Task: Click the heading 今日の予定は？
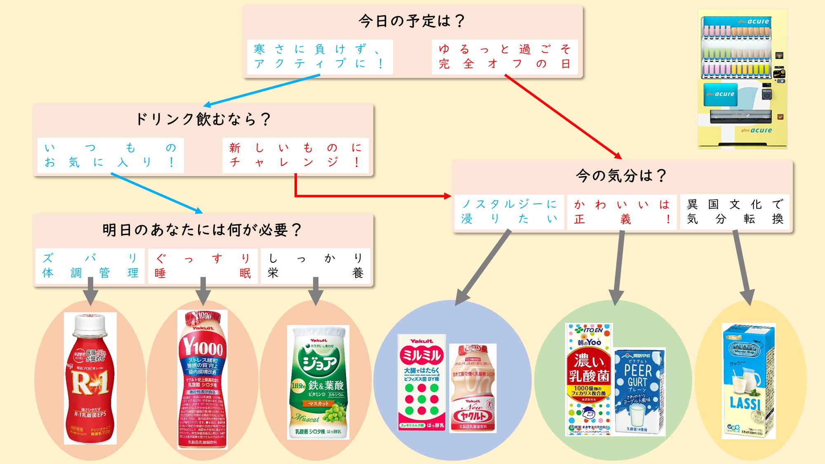tap(412, 21)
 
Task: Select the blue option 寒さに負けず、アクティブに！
tap(319, 57)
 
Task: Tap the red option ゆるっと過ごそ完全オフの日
tap(504, 57)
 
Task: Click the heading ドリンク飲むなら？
tap(203, 119)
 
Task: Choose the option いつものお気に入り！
tap(110, 155)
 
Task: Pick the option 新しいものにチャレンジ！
tap(295, 155)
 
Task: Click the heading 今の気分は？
tap(621, 176)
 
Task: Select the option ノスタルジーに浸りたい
tap(509, 212)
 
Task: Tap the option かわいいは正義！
tap(622, 212)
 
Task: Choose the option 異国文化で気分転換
tap(735, 212)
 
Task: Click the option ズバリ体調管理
tap(90, 266)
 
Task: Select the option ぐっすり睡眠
tap(203, 266)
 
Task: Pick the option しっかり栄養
tap(316, 266)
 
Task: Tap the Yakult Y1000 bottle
tap(203, 379)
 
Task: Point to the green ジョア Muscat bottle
tap(318, 382)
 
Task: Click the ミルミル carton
tap(422, 382)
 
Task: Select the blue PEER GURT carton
tap(639, 391)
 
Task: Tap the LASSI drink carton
tap(748, 380)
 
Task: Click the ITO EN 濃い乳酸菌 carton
tap(589, 379)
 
